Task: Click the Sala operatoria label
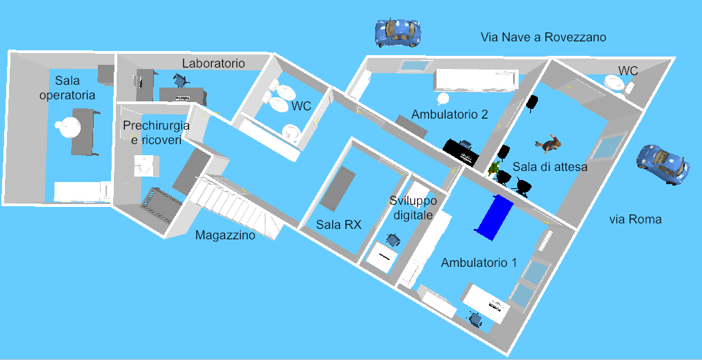click(67, 88)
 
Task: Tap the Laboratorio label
click(213, 63)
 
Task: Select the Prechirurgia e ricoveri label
click(152, 132)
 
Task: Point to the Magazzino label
click(225, 235)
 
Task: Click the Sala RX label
click(339, 224)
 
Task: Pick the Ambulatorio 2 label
click(450, 114)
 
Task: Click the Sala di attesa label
click(550, 167)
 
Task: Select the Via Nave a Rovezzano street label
click(543, 37)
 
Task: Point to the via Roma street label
click(635, 219)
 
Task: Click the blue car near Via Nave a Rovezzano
click(398, 32)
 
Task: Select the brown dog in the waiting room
click(550, 144)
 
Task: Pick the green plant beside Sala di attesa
click(494, 167)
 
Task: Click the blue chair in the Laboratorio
click(181, 80)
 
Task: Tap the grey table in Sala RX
click(337, 188)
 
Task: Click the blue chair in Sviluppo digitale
click(394, 240)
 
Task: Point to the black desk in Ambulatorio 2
click(461, 152)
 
